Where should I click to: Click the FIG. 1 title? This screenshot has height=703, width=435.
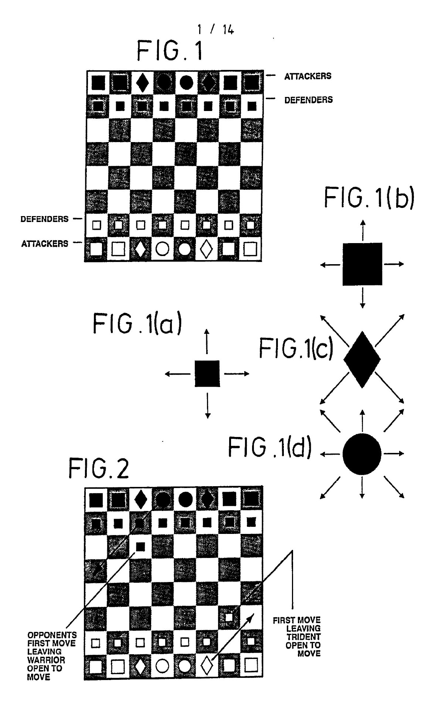tap(170, 51)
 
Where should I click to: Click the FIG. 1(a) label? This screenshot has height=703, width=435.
tap(137, 324)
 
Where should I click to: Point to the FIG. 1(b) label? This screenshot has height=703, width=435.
tap(369, 198)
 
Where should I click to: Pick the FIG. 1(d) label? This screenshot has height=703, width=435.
tap(269, 447)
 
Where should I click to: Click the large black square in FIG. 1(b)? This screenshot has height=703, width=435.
tap(362, 264)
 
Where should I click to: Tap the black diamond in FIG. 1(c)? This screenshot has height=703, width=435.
tap(362, 359)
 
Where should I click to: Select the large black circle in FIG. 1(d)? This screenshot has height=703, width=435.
tap(362, 454)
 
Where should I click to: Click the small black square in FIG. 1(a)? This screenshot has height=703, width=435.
tap(207, 374)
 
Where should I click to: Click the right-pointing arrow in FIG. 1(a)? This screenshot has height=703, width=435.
tap(237, 374)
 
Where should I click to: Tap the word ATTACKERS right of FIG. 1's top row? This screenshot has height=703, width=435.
tap(307, 76)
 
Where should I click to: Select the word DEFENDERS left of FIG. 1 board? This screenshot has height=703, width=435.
tap(44, 219)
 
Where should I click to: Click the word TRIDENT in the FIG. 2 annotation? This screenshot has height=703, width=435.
tap(303, 636)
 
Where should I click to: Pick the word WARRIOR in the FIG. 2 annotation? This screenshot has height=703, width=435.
tap(46, 660)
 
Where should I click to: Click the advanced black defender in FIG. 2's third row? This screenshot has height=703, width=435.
tap(140, 546)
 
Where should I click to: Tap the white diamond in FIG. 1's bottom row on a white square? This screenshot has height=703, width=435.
tap(206, 250)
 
